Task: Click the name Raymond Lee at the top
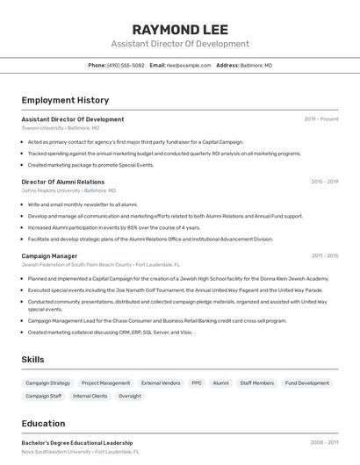click(180, 29)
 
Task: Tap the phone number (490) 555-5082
click(126, 65)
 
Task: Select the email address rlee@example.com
click(186, 65)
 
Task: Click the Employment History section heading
click(65, 100)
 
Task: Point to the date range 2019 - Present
click(320, 118)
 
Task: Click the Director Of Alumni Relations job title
click(62, 182)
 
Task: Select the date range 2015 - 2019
click(324, 182)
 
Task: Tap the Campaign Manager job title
click(49, 256)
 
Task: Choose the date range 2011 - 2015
click(324, 256)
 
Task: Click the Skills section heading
click(32, 360)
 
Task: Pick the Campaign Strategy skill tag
click(47, 383)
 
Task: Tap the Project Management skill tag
click(105, 383)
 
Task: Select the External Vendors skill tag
click(161, 383)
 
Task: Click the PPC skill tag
click(197, 383)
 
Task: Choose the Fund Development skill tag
click(307, 383)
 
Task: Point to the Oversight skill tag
click(130, 397)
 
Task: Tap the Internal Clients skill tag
click(90, 397)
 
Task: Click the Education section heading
click(43, 424)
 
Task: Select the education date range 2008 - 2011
click(324, 443)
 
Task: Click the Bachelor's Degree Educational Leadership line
click(77, 443)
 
